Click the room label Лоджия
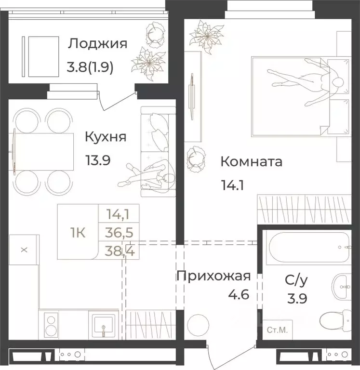click(97, 44)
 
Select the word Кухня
click(106, 137)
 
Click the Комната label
click(251, 161)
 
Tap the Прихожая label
click(213, 276)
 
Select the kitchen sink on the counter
click(104, 324)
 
